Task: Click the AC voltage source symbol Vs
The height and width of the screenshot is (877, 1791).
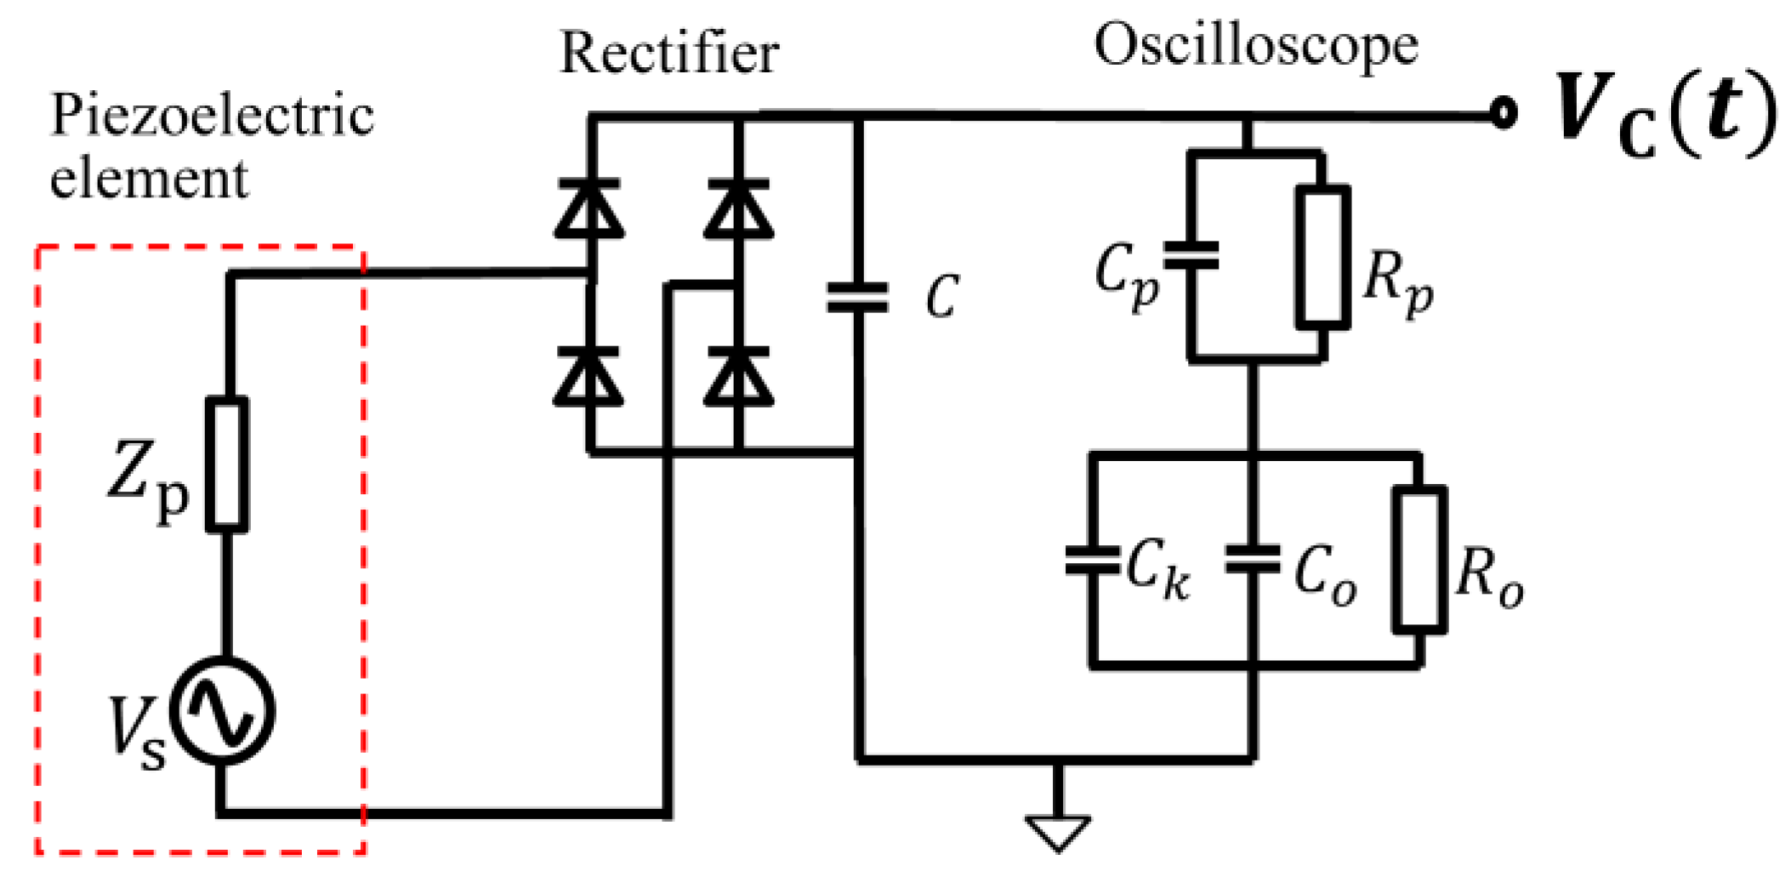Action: point(223,711)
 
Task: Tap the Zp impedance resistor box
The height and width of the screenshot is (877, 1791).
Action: point(227,464)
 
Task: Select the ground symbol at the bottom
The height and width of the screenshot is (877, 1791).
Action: point(1058,832)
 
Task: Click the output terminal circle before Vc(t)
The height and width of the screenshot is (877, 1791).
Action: point(1504,112)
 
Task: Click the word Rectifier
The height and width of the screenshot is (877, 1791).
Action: point(668,53)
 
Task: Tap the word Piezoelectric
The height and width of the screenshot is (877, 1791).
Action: point(212,115)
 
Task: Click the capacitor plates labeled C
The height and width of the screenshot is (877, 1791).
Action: point(857,298)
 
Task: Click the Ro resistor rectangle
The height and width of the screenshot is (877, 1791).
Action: point(1419,559)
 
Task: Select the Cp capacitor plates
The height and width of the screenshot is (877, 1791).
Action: point(1191,255)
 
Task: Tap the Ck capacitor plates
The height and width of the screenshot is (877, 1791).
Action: point(1093,561)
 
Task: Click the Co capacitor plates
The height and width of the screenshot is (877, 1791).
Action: point(1252,561)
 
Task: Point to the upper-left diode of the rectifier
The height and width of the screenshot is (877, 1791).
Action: point(589,208)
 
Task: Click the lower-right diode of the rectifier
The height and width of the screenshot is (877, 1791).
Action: point(738,377)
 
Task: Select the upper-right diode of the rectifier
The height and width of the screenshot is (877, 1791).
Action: point(738,208)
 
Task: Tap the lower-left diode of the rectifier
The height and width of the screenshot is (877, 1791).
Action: point(589,377)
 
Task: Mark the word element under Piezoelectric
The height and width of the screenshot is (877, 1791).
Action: point(149,179)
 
